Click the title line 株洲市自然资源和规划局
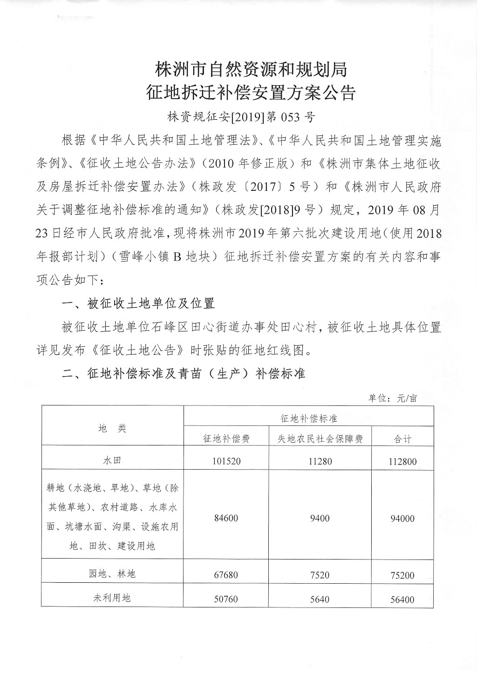[x=251, y=70]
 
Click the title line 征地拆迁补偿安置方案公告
[x=251, y=93]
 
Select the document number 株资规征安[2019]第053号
[x=241, y=117]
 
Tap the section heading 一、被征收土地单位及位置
[x=138, y=303]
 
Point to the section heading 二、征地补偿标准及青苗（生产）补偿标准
[x=184, y=373]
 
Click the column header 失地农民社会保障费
[x=320, y=438]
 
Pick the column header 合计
[x=402, y=438]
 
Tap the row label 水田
[x=112, y=461]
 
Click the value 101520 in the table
[x=227, y=462]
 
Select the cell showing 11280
[x=320, y=462]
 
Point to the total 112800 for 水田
[x=402, y=462]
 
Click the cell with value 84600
[x=227, y=518]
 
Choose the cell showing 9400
[x=320, y=518]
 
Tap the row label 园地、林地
[x=112, y=573]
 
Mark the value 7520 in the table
[x=320, y=575]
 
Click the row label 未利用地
[x=112, y=598]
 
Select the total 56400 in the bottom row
[x=402, y=600]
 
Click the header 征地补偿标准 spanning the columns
[x=308, y=418]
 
